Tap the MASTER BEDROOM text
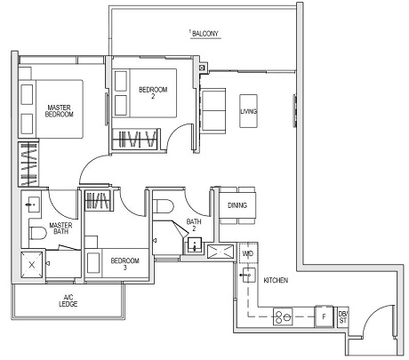[x=60, y=111]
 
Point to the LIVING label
[x=249, y=110]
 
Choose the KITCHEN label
[x=276, y=280]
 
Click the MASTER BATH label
[x=60, y=229]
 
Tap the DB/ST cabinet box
[x=343, y=315]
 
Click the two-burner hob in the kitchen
[x=286, y=315]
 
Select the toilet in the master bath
[x=37, y=233]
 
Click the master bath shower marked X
[x=32, y=264]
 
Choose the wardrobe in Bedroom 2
[x=134, y=140]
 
